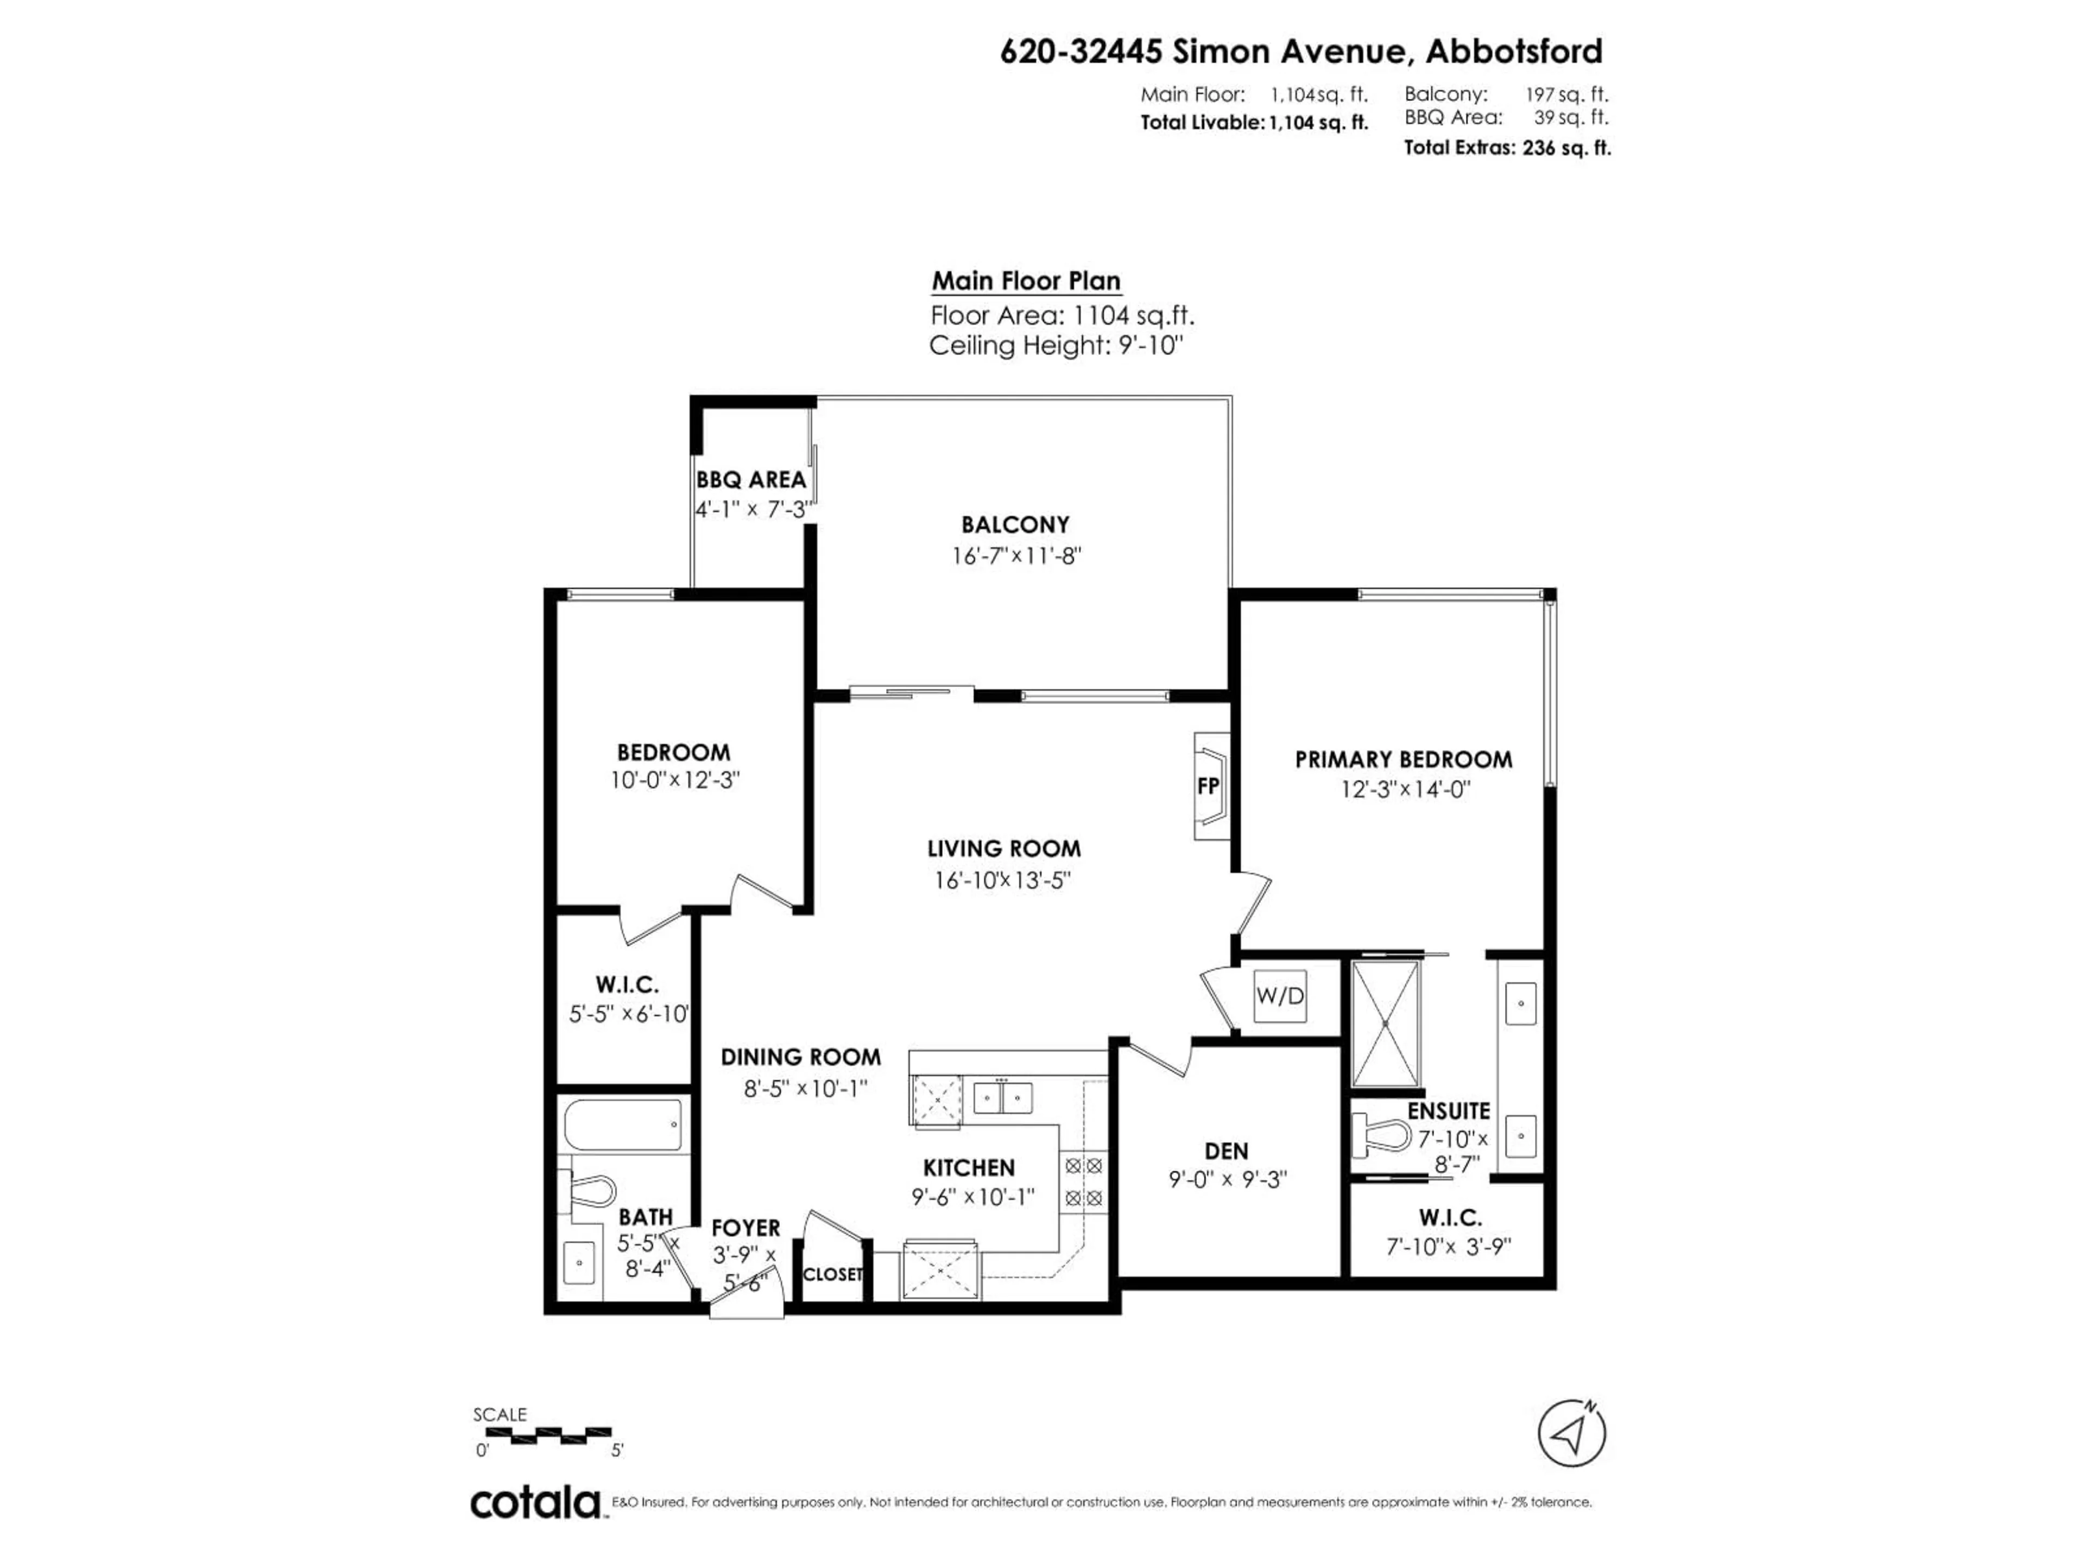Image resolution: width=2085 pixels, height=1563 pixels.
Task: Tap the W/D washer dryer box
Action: (1279, 996)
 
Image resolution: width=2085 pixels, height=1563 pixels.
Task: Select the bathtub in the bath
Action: (623, 1125)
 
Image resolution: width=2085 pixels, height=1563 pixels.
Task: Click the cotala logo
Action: (535, 1503)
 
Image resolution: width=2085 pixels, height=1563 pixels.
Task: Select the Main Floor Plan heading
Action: (1026, 281)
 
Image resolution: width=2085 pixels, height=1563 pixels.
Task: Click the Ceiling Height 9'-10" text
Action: (1055, 346)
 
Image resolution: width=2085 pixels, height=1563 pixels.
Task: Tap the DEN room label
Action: (1227, 1151)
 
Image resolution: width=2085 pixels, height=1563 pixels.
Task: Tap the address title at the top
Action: (1301, 51)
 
